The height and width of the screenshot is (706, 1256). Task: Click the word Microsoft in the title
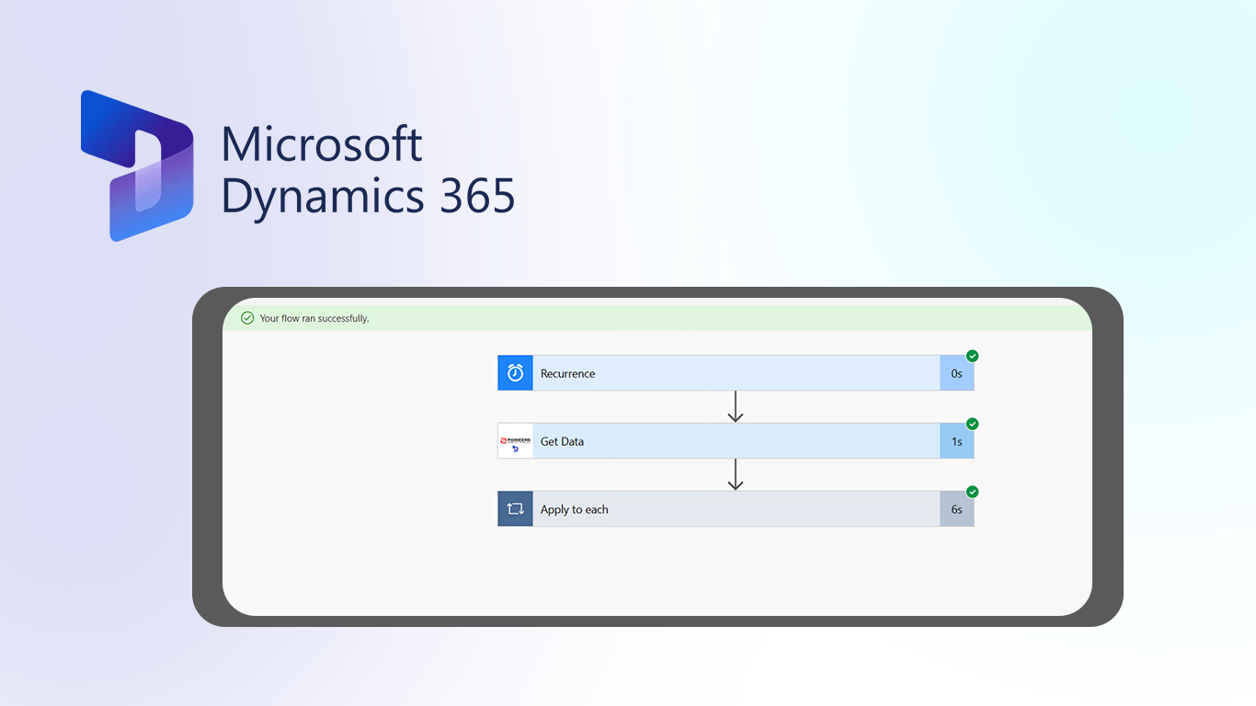[321, 144]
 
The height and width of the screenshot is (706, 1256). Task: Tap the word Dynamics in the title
[323, 197]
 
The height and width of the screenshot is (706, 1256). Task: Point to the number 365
[477, 196]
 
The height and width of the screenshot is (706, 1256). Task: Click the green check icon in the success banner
[247, 318]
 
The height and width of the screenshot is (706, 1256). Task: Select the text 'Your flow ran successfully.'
[314, 318]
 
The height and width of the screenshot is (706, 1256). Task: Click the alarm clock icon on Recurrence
[515, 373]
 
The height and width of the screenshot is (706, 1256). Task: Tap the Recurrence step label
[567, 373]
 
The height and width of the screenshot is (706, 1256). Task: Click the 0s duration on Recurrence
[956, 373]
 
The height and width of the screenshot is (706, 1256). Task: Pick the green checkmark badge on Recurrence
[972, 356]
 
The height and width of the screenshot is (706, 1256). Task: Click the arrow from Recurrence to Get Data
[735, 406]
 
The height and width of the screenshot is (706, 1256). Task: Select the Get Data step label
[562, 441]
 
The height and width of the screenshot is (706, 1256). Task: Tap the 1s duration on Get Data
[956, 441]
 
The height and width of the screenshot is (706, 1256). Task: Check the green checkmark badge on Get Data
[972, 424]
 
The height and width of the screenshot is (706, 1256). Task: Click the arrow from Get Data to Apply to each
[735, 474]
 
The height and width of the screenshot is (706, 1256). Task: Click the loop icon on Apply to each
[515, 508]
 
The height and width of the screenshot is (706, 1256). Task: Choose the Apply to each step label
[574, 509]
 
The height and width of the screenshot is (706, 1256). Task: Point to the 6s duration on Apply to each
[956, 509]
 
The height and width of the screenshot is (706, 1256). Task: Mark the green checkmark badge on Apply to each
[972, 492]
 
